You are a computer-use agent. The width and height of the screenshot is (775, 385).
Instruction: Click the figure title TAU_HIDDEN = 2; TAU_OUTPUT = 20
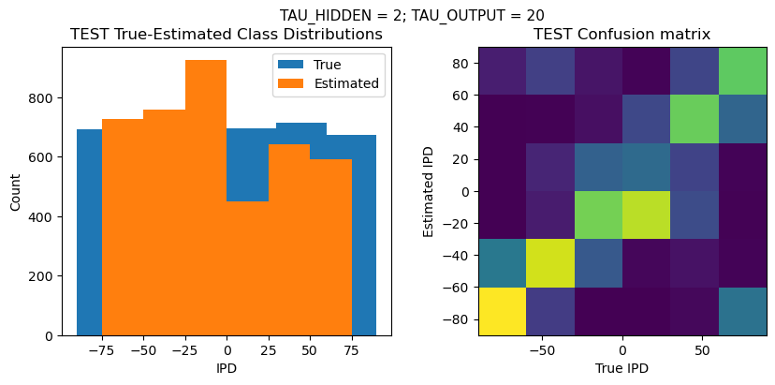pos(412,15)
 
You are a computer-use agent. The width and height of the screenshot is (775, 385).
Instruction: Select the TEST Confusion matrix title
pos(621,35)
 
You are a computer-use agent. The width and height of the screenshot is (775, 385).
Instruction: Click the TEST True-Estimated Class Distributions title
pos(227,35)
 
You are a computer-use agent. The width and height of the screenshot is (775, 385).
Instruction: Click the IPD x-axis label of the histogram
pos(227,368)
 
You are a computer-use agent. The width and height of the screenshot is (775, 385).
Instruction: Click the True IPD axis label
pos(621,368)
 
